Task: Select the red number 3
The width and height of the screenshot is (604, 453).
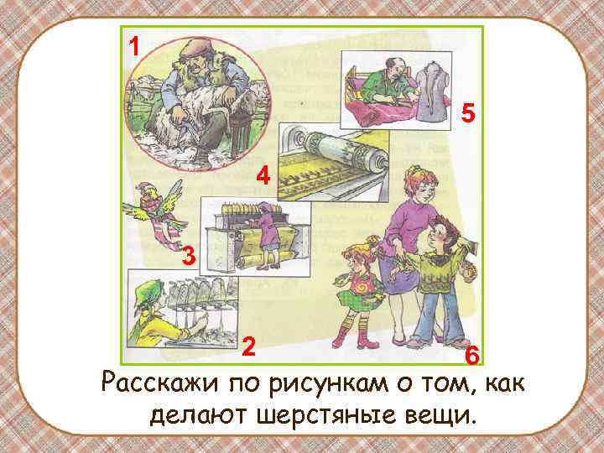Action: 189,258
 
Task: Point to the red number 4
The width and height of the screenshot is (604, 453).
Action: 263,178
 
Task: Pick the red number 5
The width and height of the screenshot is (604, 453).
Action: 469,113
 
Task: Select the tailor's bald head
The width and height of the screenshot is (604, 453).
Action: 387,61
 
